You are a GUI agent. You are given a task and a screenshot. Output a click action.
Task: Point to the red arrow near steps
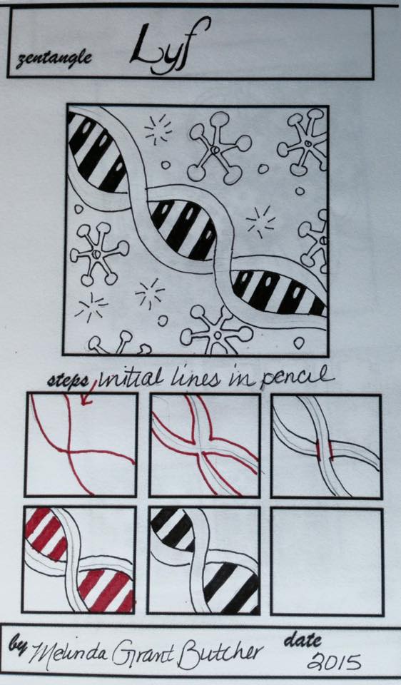(89, 392)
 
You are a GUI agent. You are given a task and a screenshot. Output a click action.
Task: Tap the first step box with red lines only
(80, 444)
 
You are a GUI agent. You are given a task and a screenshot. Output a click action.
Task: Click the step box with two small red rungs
(326, 444)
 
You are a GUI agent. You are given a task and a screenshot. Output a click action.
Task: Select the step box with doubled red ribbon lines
(203, 444)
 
